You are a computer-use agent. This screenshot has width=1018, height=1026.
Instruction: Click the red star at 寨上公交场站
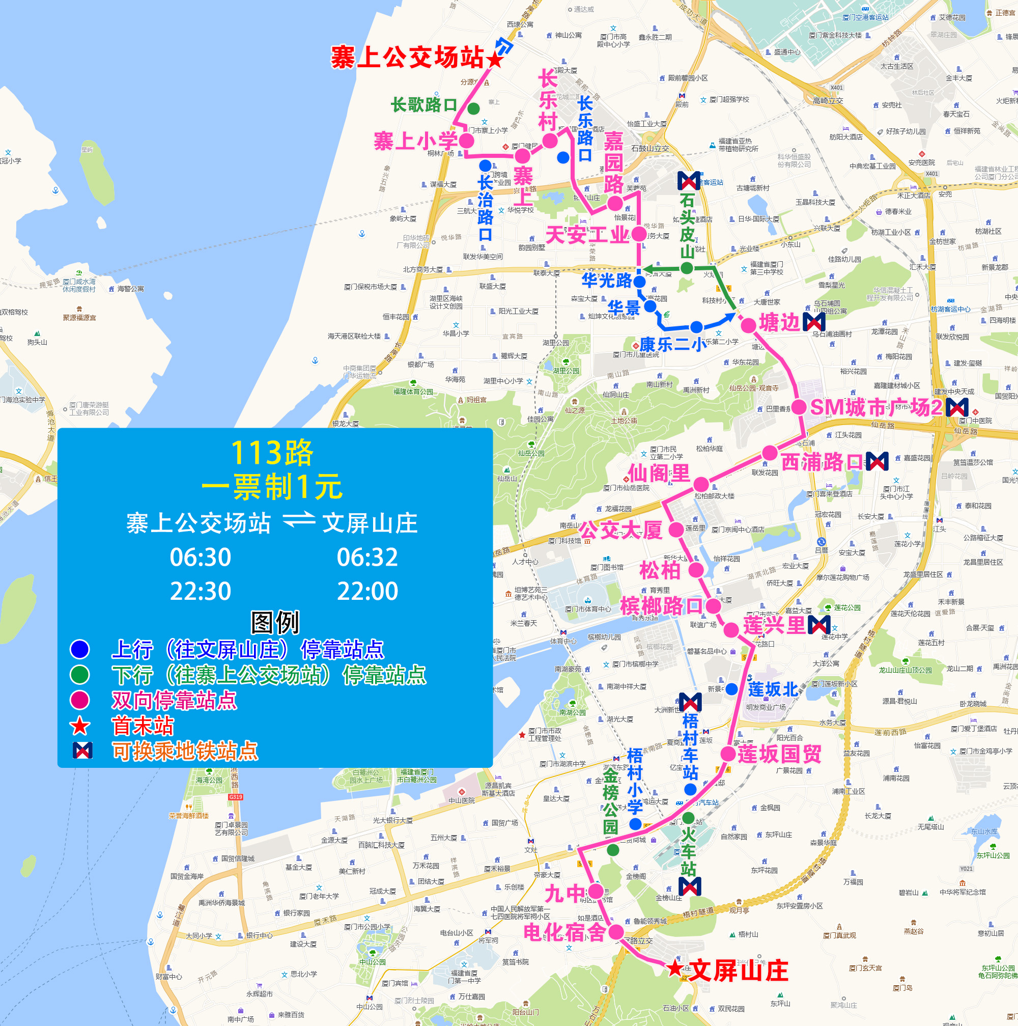pos(495,60)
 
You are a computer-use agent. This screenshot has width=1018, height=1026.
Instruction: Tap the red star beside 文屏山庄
pos(674,968)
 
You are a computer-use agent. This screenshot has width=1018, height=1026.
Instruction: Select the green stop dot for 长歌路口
pos(473,108)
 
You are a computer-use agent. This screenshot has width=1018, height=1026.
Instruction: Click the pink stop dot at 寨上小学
pos(466,141)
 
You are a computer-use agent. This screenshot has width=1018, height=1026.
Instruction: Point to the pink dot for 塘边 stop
pos(748,325)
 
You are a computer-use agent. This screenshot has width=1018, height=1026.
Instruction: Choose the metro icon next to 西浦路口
pos(877,461)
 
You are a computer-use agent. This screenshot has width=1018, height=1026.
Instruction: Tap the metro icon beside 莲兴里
pos(819,625)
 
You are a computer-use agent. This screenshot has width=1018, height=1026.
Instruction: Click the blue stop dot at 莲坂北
pos(731,689)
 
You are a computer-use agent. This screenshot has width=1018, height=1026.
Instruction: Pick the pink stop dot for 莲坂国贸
pos(728,754)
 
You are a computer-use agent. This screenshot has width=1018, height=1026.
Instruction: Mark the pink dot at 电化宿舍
pos(616,931)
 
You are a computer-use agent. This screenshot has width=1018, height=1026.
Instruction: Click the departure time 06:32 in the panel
pos(367,557)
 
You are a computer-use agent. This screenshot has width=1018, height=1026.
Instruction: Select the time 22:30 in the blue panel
pos(200,591)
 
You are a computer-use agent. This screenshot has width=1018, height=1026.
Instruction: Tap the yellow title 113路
pos(272,453)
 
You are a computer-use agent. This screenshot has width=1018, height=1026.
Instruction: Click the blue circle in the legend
pos(79,649)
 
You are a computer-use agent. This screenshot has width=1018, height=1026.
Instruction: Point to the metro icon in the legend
pos(82,751)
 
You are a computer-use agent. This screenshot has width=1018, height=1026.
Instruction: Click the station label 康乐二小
pos(673,345)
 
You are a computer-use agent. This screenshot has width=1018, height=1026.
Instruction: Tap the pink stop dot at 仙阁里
pos(701,484)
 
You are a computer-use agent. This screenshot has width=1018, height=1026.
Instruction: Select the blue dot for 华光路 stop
pos(640,282)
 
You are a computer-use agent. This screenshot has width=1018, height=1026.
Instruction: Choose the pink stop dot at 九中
pos(596,891)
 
